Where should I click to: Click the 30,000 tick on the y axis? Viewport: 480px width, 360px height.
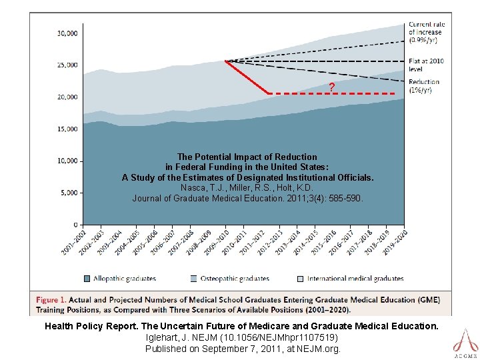68,33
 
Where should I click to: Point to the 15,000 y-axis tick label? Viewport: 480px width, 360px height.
68,129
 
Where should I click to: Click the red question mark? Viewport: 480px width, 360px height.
331,87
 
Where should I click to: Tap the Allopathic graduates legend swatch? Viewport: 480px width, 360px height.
87,278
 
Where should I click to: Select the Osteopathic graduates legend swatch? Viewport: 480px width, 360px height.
194,278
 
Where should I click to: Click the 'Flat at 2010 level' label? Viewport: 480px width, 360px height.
426,65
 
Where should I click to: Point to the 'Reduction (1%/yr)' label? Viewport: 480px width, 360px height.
424,86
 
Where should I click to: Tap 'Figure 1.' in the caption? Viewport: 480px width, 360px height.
56,300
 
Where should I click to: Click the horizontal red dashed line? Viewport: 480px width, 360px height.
333,94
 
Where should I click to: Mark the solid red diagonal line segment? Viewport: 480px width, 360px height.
247,77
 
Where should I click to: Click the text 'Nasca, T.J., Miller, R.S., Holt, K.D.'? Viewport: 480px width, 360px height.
247,188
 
